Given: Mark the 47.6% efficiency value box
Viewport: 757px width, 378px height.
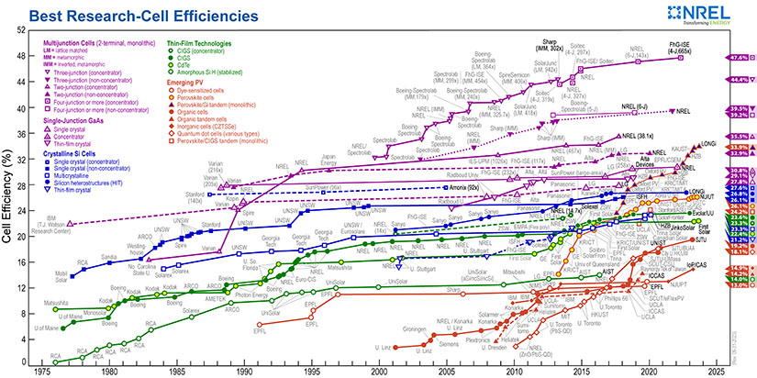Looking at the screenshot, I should click(x=740, y=57).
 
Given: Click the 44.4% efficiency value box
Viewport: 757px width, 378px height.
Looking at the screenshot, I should click(x=740, y=80).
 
